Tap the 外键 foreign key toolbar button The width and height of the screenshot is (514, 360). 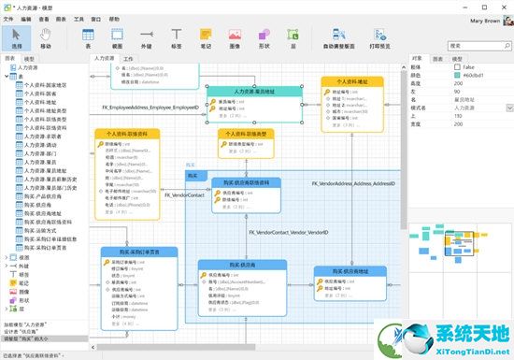146,38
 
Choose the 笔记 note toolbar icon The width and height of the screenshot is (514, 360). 206,38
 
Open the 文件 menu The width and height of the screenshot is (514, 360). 9,18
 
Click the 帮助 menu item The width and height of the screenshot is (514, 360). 114,18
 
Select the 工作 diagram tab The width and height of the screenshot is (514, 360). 129,58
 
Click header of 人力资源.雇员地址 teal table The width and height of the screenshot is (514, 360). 253,92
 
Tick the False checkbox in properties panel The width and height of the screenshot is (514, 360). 459,67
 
